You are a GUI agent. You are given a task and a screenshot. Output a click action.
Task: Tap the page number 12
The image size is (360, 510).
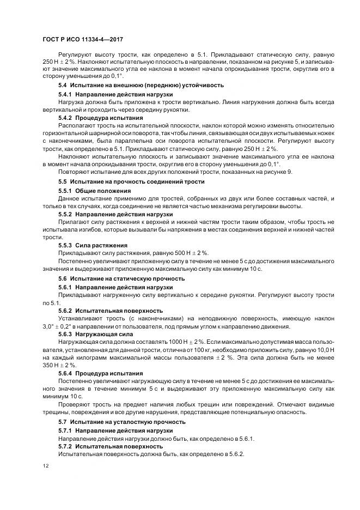click(x=45, y=466)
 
